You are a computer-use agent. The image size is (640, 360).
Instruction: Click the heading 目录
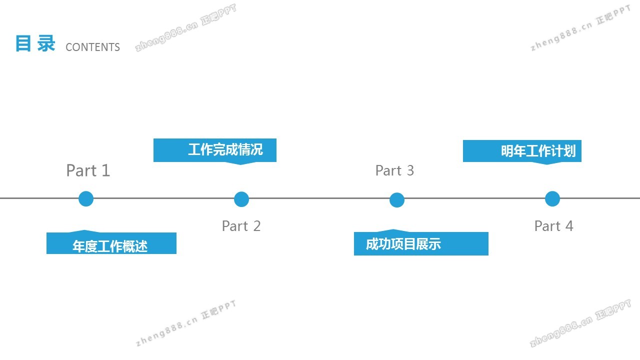[35, 43]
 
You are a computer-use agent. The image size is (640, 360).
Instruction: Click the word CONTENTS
[93, 47]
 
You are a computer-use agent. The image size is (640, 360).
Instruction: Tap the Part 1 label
[88, 170]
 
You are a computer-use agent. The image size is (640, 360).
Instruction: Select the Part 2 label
[241, 226]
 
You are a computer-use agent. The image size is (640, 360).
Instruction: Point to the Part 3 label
[394, 170]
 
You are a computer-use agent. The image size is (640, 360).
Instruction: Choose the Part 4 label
[553, 226]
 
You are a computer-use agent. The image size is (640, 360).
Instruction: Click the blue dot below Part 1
[86, 198]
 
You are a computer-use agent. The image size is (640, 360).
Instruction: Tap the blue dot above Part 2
[241, 199]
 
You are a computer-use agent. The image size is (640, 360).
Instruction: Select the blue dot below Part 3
[397, 200]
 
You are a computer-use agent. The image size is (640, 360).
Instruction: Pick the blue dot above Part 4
[552, 198]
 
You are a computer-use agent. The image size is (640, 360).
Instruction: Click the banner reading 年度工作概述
[111, 243]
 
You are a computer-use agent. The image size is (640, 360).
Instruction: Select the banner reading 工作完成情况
[215, 150]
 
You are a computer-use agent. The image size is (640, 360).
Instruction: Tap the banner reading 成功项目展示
[421, 244]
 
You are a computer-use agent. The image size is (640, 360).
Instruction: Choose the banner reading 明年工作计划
[522, 151]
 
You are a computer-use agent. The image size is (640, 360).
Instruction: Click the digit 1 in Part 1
[105, 170]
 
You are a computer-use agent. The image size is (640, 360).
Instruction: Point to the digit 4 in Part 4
[568, 226]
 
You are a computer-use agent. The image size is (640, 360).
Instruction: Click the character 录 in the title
[46, 43]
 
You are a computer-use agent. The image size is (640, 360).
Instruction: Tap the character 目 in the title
[23, 43]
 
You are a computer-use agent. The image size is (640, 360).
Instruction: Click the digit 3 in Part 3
[410, 170]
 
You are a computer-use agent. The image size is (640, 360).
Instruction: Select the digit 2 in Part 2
[256, 226]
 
